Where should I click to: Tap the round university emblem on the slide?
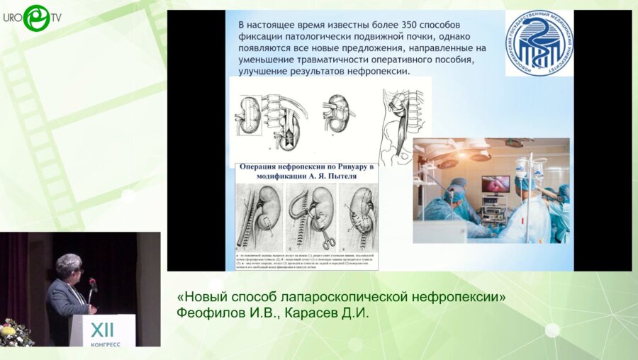(539, 43)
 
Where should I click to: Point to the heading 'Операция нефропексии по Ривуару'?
(301, 168)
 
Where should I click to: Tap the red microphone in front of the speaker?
(92, 283)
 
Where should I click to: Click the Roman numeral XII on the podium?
(106, 329)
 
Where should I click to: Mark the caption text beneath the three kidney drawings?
(306, 260)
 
